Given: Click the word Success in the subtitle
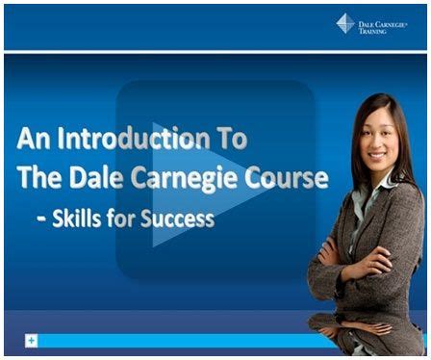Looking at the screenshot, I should click(x=180, y=218).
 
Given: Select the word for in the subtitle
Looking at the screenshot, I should click(x=133, y=218).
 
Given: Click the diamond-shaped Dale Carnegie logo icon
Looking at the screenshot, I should click(x=344, y=23).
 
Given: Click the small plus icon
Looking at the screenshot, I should click(x=32, y=340).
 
